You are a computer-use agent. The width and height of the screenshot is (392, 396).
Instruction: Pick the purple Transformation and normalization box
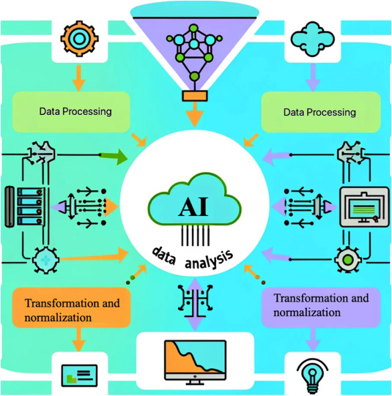click(x=321, y=306)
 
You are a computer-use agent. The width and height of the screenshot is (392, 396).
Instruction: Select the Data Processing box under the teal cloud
click(x=320, y=112)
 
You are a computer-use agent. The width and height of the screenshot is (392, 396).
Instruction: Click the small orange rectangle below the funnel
click(x=195, y=95)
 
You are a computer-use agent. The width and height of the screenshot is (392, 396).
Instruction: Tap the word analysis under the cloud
click(x=209, y=258)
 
